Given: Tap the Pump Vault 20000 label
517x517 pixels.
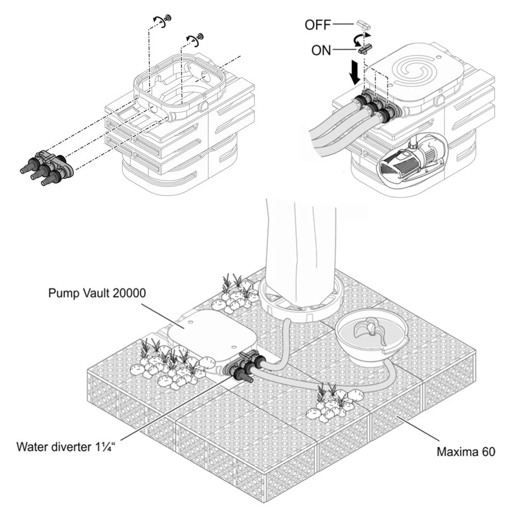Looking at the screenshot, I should pos(97,293).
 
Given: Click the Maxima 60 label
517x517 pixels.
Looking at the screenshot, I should pos(466,452).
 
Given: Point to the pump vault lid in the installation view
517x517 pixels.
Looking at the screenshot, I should pos(212,333).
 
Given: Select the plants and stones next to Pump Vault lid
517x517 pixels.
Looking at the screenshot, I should pos(165,362).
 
